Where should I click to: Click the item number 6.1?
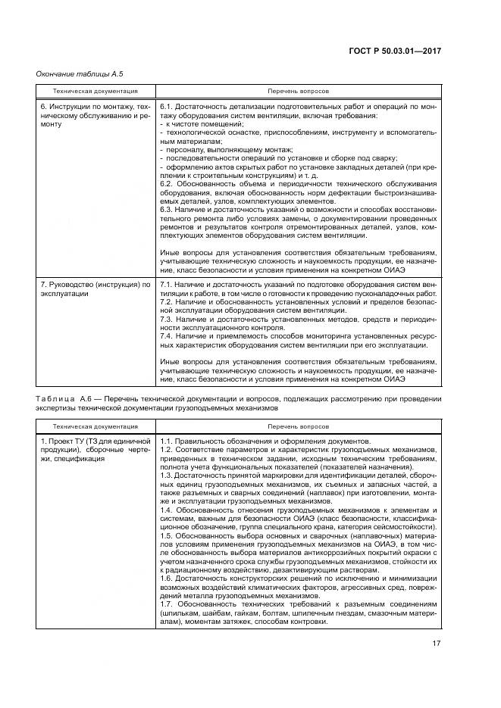click(x=168, y=108)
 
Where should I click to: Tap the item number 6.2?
click(x=168, y=186)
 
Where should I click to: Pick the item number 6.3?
click(x=168, y=210)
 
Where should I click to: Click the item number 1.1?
click(x=168, y=441)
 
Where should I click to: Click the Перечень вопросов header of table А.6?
click(x=296, y=426)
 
